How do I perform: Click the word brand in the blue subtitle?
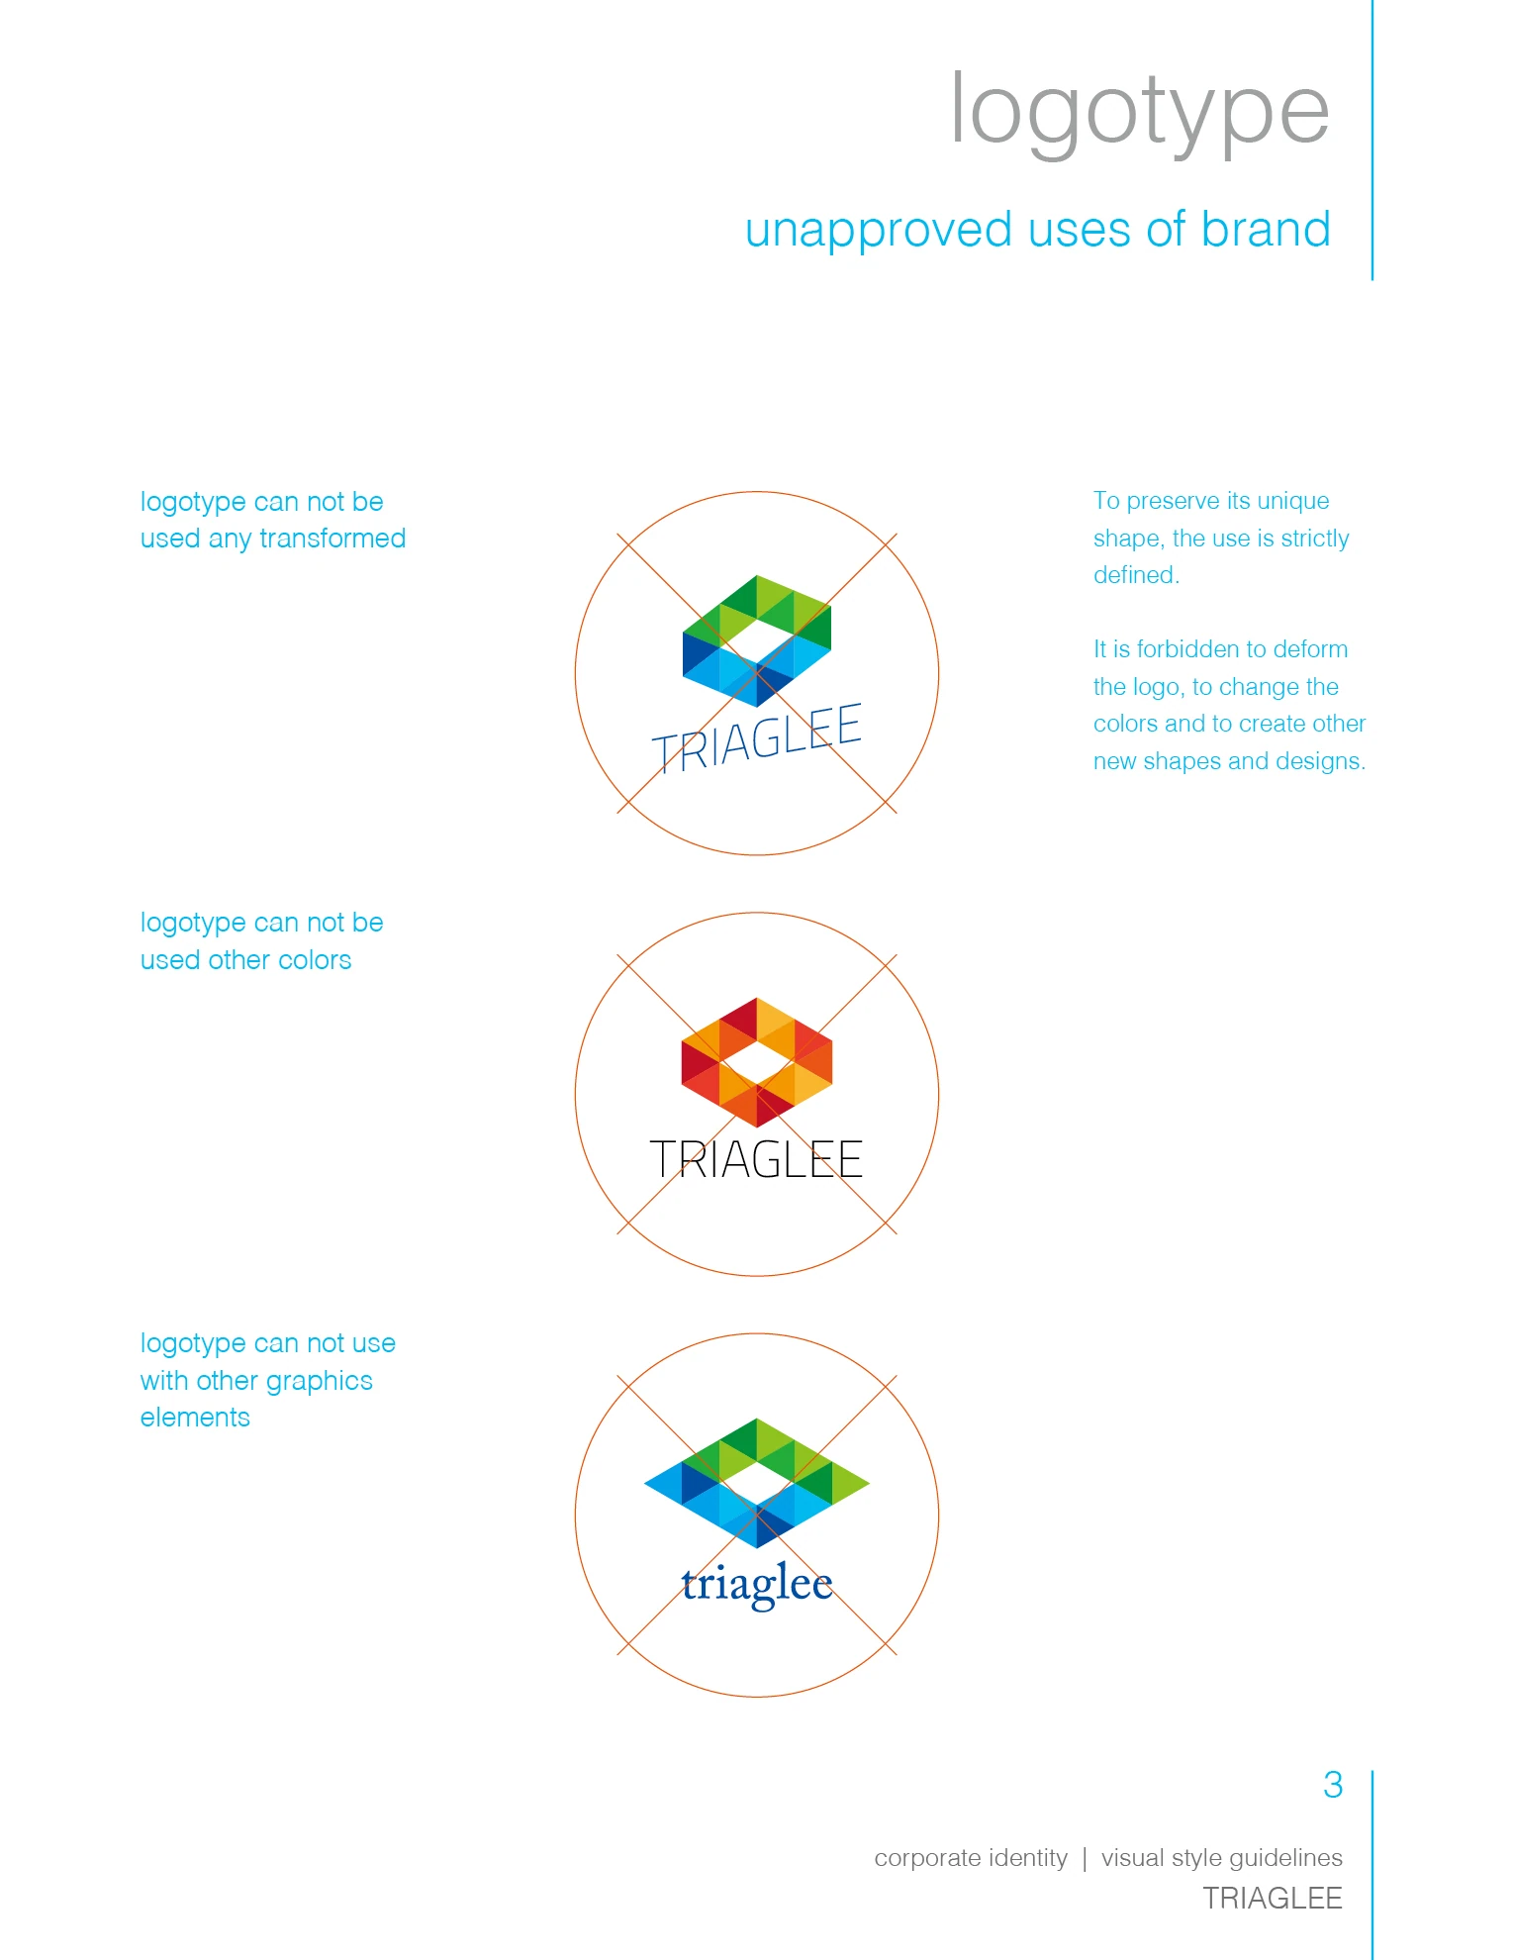point(1266,229)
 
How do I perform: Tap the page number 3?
point(1333,1785)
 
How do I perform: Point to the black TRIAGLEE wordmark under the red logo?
point(756,1159)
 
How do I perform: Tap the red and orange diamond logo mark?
point(757,1062)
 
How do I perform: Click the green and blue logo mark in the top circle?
point(757,640)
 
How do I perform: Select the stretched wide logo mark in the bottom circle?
point(757,1483)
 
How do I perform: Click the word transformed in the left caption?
point(332,539)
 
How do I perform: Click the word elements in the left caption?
point(195,1418)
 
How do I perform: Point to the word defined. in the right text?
point(1136,575)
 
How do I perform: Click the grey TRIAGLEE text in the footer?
point(1273,1898)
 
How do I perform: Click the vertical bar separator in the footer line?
point(1085,1859)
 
